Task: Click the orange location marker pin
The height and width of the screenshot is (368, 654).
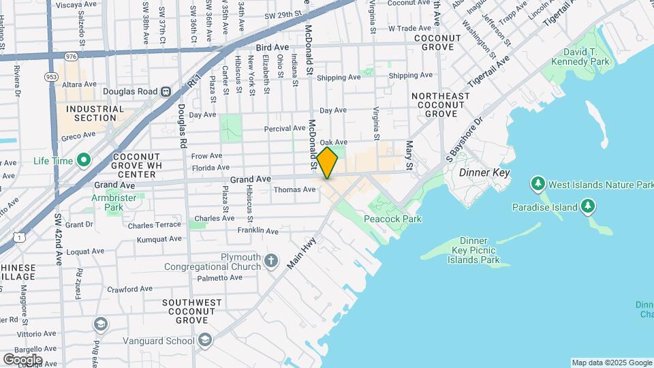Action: (328, 162)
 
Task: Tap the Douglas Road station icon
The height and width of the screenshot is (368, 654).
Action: (166, 92)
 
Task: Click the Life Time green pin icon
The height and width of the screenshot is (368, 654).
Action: (84, 161)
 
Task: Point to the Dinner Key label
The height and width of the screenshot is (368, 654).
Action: (484, 173)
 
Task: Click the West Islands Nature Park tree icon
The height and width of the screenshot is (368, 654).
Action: (538, 185)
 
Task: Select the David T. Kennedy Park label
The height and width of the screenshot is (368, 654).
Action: (591, 57)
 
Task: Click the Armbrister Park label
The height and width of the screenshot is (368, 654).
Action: (114, 203)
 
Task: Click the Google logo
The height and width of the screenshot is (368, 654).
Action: (22, 359)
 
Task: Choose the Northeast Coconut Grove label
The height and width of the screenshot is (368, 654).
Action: (441, 105)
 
